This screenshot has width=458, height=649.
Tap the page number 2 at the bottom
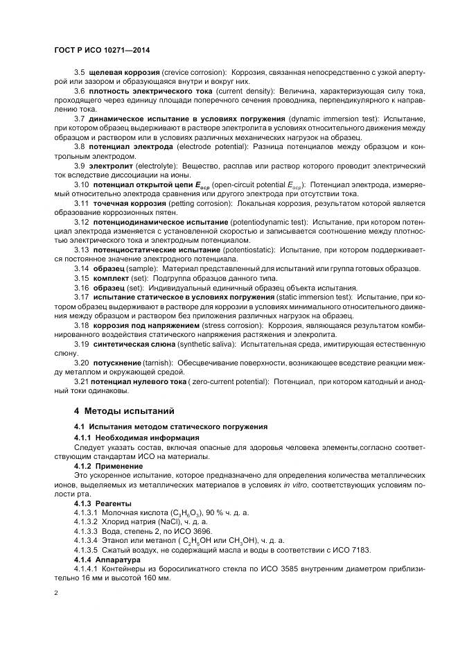pyautogui.click(x=55, y=593)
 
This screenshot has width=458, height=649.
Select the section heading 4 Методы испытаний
pyautogui.click(x=123, y=411)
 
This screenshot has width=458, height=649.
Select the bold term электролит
pyautogui.click(x=111, y=167)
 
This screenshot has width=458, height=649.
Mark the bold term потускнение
pyautogui.click(x=115, y=363)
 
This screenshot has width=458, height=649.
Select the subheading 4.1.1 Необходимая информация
pyautogui.click(x=127, y=438)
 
